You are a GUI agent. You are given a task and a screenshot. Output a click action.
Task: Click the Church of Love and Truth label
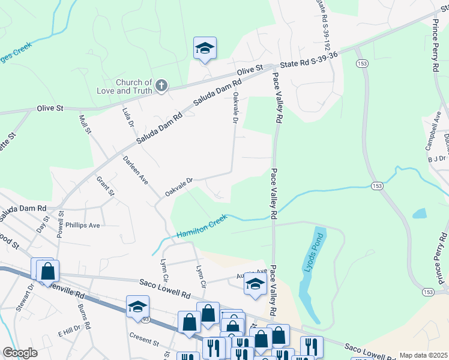tap(134, 86)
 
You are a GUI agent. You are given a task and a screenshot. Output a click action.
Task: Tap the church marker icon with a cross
tap(161, 86)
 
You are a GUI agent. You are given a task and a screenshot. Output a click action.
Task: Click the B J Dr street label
tap(437, 159)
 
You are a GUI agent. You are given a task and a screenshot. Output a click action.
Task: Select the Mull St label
tap(84, 125)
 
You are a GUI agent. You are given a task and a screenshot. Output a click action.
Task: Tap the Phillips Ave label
tap(83, 225)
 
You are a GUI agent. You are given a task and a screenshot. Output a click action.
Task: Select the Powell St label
tap(61, 223)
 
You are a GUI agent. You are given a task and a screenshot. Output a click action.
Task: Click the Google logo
tap(20, 353)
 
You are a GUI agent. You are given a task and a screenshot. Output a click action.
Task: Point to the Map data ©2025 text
tap(423, 355)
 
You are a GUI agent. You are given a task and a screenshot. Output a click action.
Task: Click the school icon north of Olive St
tap(205, 49)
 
